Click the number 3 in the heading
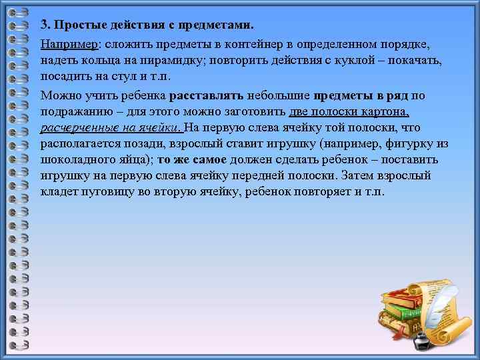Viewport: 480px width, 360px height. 43,25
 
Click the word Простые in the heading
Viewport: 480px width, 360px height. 75,25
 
